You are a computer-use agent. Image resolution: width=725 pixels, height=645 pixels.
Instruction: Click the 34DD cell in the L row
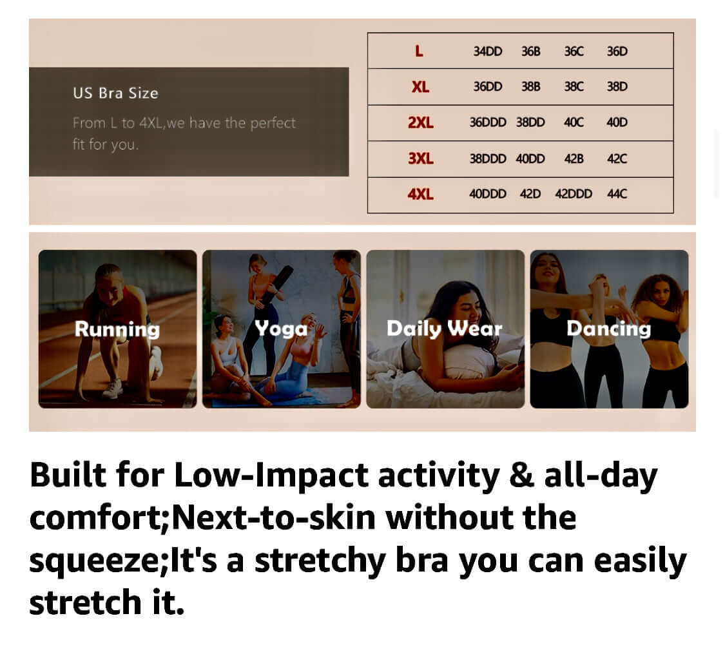[487, 52]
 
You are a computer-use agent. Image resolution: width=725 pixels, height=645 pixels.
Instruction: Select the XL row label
[420, 87]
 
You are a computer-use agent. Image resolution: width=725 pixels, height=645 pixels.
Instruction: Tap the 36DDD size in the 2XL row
[488, 122]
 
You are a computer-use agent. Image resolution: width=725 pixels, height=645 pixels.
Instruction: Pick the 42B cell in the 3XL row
[574, 159]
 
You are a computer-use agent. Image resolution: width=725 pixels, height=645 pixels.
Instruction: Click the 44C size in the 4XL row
[617, 194]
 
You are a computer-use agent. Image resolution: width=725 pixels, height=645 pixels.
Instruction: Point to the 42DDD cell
[574, 194]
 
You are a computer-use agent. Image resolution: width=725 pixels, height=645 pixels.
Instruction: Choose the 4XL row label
[420, 194]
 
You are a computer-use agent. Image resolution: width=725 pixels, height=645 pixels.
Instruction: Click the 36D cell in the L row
[617, 52]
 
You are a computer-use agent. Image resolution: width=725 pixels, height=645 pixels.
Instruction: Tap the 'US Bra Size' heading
[115, 93]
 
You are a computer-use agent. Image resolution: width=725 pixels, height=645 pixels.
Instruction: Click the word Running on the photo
[117, 330]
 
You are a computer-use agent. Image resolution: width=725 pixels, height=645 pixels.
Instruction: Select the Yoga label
[281, 329]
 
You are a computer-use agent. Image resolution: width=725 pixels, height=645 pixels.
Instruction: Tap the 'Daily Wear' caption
[444, 329]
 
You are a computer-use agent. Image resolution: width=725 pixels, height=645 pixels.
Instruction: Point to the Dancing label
[609, 329]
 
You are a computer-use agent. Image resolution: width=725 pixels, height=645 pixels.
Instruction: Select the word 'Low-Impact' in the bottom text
[271, 476]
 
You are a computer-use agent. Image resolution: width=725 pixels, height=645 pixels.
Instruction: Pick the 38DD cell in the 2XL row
[530, 122]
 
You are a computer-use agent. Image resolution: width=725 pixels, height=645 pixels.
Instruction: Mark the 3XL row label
[420, 159]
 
